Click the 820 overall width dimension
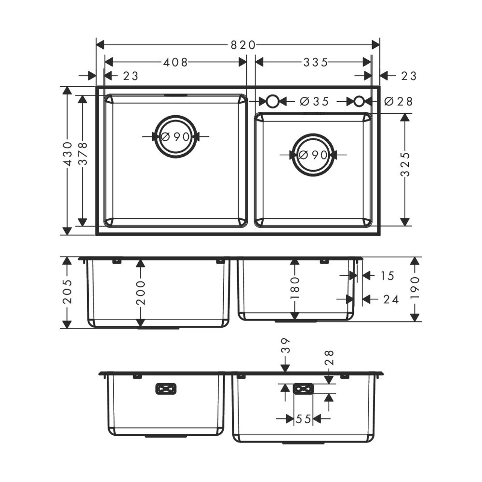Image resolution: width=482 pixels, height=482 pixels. point(242,45)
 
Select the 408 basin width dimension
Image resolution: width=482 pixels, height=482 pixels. point(175,62)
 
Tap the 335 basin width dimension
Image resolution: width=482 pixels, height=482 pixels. point(316,62)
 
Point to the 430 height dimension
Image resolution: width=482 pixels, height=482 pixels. point(68,154)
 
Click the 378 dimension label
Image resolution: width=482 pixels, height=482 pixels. point(83,154)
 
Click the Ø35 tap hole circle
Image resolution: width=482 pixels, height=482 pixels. point(272,101)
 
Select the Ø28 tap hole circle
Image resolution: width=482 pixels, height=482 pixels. point(359,101)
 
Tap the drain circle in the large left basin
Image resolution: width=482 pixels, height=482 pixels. point(175,136)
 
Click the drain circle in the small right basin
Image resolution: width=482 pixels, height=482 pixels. point(313,155)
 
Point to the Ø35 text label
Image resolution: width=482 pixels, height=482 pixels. point(314,102)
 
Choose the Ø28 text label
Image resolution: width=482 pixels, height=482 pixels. point(399,102)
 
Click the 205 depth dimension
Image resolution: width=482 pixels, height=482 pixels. point(68,291)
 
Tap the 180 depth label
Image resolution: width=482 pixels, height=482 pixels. point(295,287)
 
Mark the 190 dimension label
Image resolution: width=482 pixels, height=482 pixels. point(416,287)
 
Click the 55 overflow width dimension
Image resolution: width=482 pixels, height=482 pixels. point(303,420)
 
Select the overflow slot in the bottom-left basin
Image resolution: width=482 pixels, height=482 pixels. point(166,389)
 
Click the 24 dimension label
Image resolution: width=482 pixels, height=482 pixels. point(391,299)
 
